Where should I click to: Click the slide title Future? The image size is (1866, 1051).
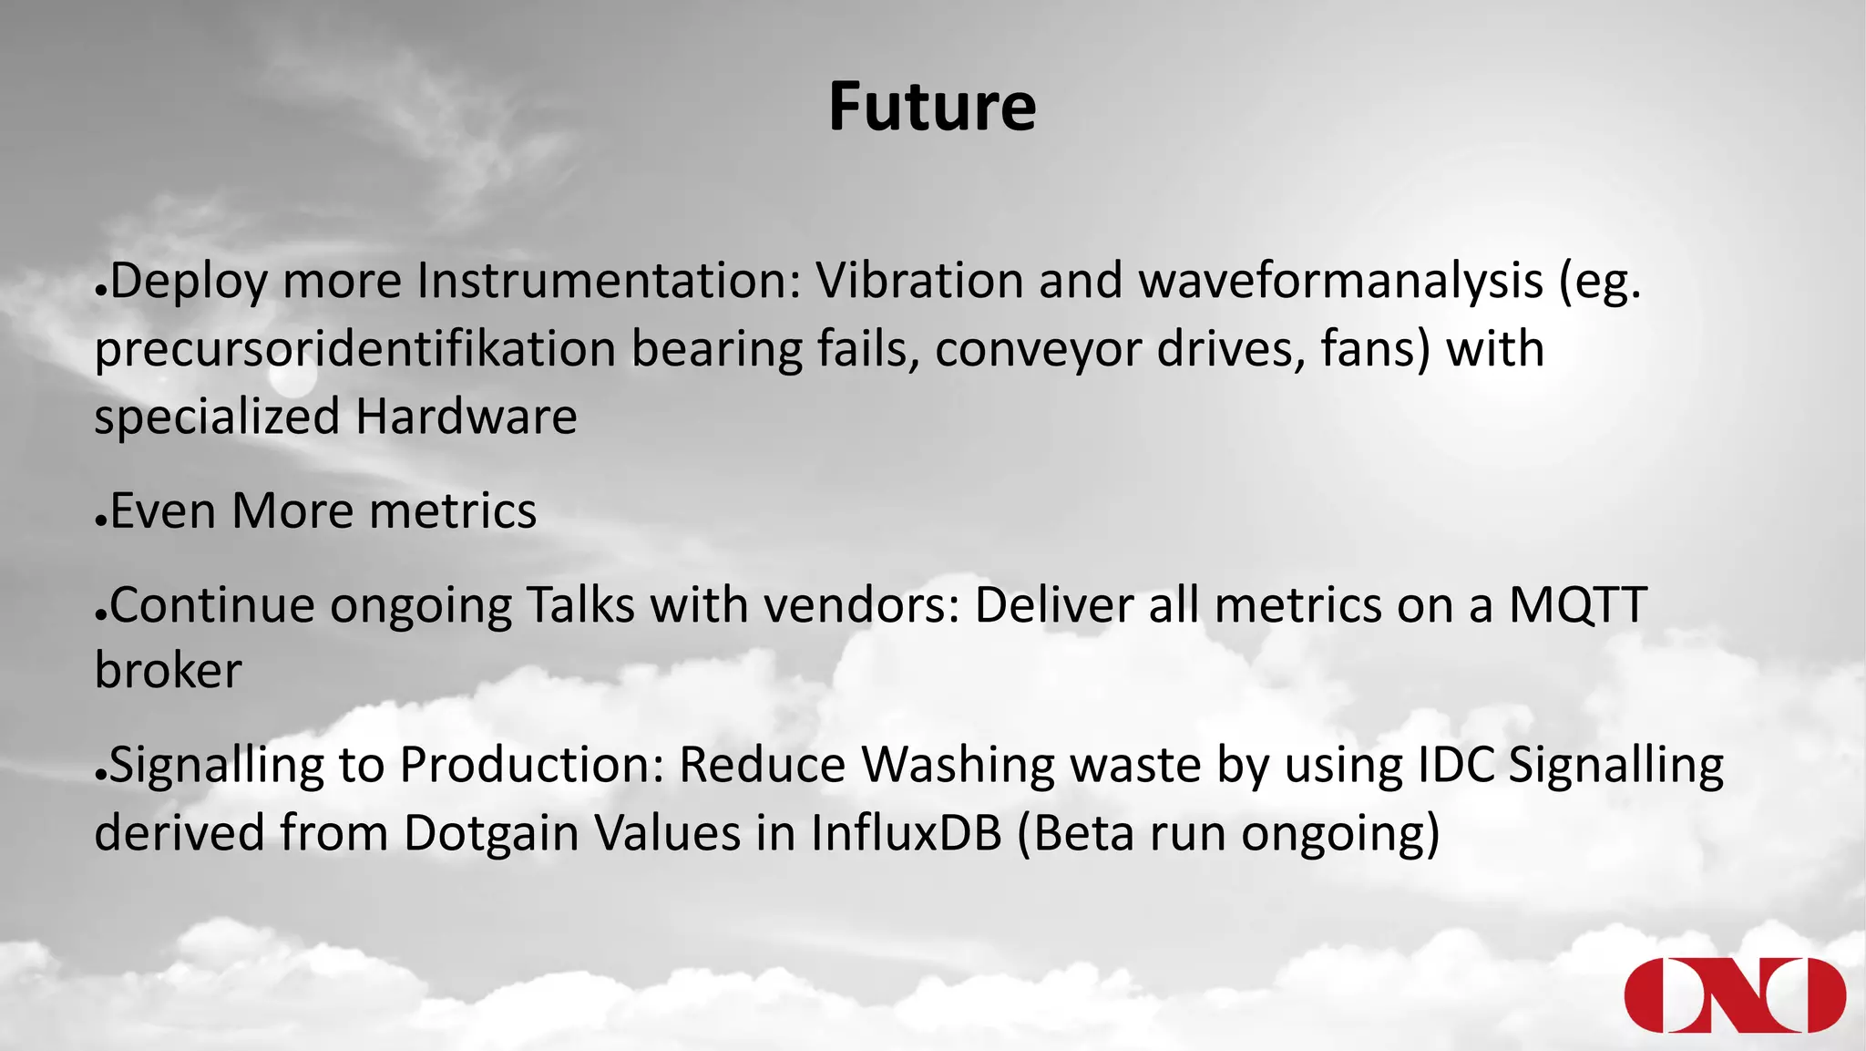932,108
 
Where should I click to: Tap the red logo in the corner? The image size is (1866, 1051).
1735,995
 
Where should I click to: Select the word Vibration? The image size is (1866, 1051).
919,281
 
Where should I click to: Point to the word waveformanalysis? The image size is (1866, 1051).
1340,281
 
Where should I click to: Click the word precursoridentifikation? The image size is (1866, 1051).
355,349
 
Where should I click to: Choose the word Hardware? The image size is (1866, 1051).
466,417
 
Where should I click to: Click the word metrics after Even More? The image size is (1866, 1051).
453,511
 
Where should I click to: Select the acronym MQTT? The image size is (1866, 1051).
1577,604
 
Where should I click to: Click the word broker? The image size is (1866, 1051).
168,672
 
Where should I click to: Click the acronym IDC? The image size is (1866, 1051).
1456,765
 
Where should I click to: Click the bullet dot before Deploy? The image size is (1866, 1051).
101,293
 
